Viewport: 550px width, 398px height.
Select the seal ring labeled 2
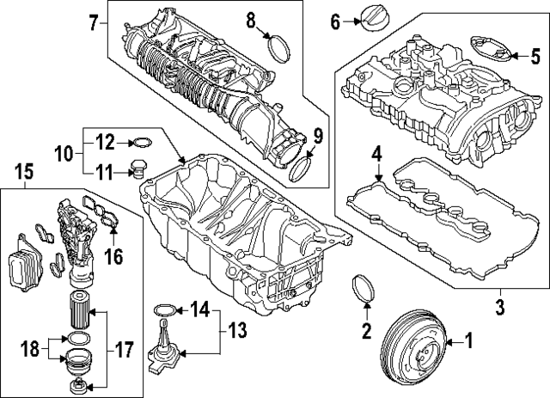pos(364,290)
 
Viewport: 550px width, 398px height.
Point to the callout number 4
pos(376,155)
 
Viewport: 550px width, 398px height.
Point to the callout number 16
pos(113,256)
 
